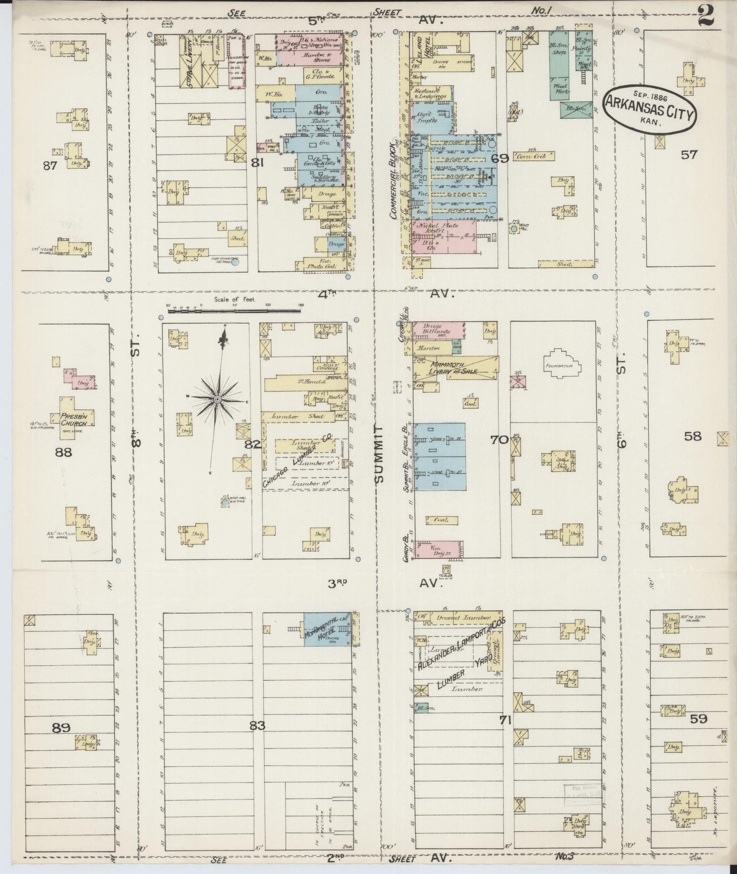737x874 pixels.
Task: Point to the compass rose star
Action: pyautogui.click(x=217, y=398)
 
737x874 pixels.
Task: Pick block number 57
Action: pyautogui.click(x=689, y=155)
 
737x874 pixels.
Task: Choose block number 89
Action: pyautogui.click(x=61, y=728)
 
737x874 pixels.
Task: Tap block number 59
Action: pyautogui.click(x=698, y=719)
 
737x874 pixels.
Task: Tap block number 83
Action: pyautogui.click(x=257, y=726)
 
